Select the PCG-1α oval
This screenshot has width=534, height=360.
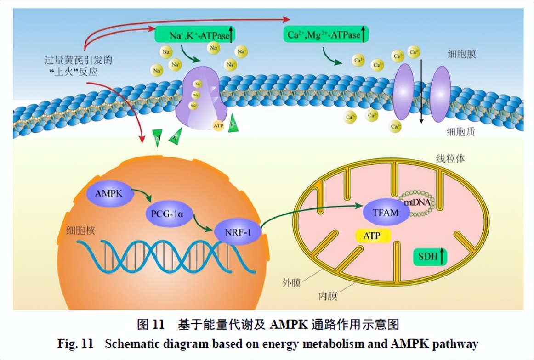pos(168,213)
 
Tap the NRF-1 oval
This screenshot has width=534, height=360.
pos(238,232)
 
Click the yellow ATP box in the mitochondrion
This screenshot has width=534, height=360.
pos(374,236)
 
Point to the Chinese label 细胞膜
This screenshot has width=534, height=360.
pos(461,54)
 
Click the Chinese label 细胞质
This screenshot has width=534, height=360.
pos(461,132)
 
